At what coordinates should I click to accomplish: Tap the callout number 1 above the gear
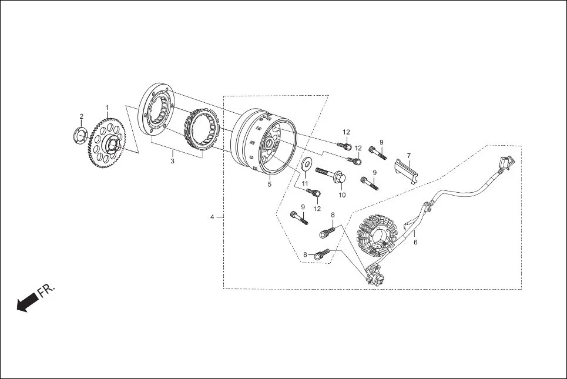108,108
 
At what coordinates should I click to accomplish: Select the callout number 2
82,116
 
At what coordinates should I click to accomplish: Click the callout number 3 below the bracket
173,161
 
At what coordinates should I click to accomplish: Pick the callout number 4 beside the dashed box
212,217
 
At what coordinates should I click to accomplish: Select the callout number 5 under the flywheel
270,184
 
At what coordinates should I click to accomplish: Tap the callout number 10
342,194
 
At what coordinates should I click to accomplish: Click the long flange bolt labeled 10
332,175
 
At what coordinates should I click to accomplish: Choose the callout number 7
409,156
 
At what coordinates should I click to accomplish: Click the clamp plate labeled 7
407,170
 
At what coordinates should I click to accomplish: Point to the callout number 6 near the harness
415,242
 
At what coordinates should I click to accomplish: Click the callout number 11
305,184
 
